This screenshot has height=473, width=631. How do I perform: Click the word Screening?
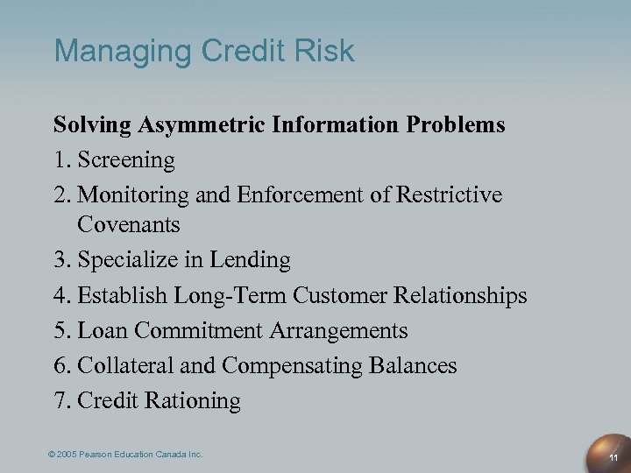pos(126,160)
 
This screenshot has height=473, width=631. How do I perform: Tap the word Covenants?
pos(128,225)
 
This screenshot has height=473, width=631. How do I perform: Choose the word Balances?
pos(415,365)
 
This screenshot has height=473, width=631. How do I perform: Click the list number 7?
pos(61,400)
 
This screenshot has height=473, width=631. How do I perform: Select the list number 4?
pos(61,295)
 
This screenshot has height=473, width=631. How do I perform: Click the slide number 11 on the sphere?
pos(613,457)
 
